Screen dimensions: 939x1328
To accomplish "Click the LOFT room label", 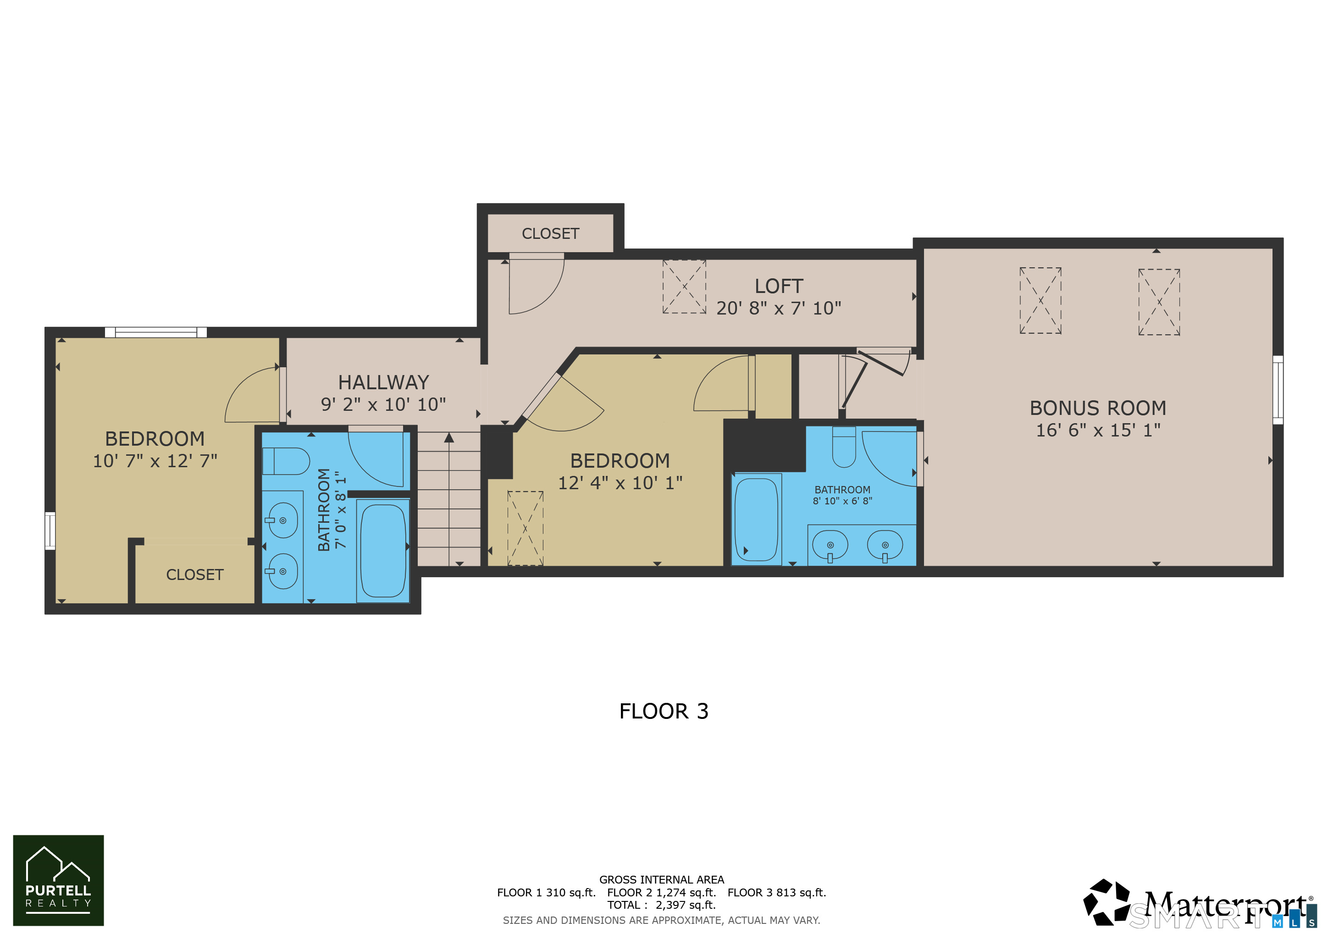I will [x=779, y=286].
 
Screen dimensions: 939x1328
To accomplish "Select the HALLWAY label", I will [x=383, y=382].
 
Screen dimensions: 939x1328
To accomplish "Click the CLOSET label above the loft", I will [x=550, y=233].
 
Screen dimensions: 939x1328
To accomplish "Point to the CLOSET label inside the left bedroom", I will [x=194, y=575].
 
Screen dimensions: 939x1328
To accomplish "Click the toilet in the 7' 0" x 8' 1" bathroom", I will [x=286, y=461].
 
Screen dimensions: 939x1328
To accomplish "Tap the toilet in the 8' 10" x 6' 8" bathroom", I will [x=844, y=447].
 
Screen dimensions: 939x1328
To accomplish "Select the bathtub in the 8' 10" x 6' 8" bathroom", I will [x=756, y=519].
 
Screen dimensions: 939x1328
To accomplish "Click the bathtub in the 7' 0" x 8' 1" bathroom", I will [x=383, y=551].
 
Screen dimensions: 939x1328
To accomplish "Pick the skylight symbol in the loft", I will [x=684, y=287].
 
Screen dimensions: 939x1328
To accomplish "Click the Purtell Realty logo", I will [x=58, y=880].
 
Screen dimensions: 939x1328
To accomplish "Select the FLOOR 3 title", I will [x=664, y=711].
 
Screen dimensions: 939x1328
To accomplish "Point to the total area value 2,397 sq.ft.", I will [x=686, y=906].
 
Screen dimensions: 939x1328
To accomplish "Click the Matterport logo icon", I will [x=1106, y=902].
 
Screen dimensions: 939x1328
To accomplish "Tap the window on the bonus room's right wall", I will [x=1278, y=390].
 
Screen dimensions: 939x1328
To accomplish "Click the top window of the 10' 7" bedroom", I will [x=155, y=332].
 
